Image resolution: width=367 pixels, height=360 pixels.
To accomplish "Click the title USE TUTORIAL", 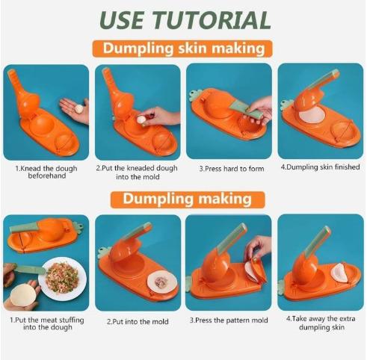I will [184, 19].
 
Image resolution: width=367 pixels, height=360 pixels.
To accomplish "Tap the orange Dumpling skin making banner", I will [184, 49].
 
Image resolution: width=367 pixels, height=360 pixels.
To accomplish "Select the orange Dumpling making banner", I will [184, 199].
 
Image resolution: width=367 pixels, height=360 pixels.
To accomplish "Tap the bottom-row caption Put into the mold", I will [138, 322].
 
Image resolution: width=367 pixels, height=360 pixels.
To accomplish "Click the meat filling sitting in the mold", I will [161, 282].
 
